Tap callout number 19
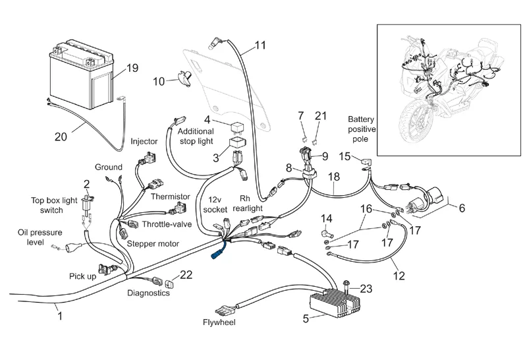click(132, 68)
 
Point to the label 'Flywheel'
click(220, 323)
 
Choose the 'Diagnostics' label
click(149, 293)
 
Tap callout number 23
click(366, 287)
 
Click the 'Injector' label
click(144, 141)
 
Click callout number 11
click(260, 45)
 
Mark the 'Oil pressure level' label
click(37, 237)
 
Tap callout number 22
click(186, 275)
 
